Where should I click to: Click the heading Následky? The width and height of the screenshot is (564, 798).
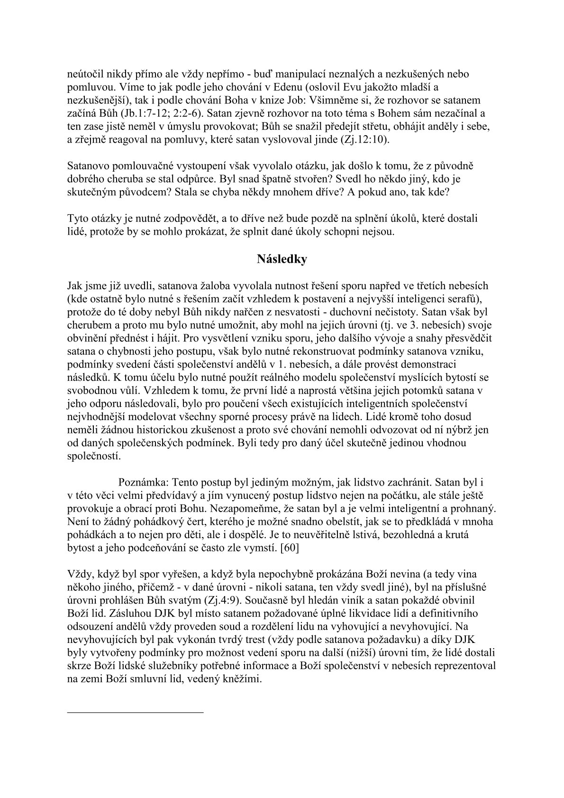[282, 259]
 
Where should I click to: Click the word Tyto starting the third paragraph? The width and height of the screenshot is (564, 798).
[77, 219]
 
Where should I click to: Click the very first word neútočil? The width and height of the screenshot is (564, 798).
[83, 74]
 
